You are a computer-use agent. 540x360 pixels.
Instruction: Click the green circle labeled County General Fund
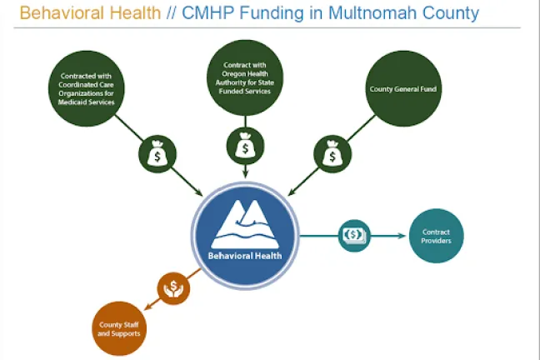(x=403, y=88)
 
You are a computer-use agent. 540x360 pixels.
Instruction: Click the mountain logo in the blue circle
(x=245, y=222)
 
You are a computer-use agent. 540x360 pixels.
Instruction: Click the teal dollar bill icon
(x=354, y=236)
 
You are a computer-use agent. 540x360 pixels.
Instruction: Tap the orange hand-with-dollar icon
(x=174, y=288)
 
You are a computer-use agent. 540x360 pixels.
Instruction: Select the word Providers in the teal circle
(x=436, y=243)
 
